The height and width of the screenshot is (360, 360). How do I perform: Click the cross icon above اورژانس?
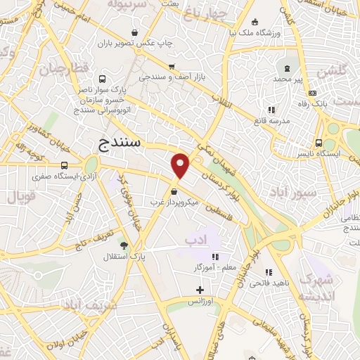coord(200,290)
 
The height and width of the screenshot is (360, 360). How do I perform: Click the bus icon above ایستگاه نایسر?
coord(319,142)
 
